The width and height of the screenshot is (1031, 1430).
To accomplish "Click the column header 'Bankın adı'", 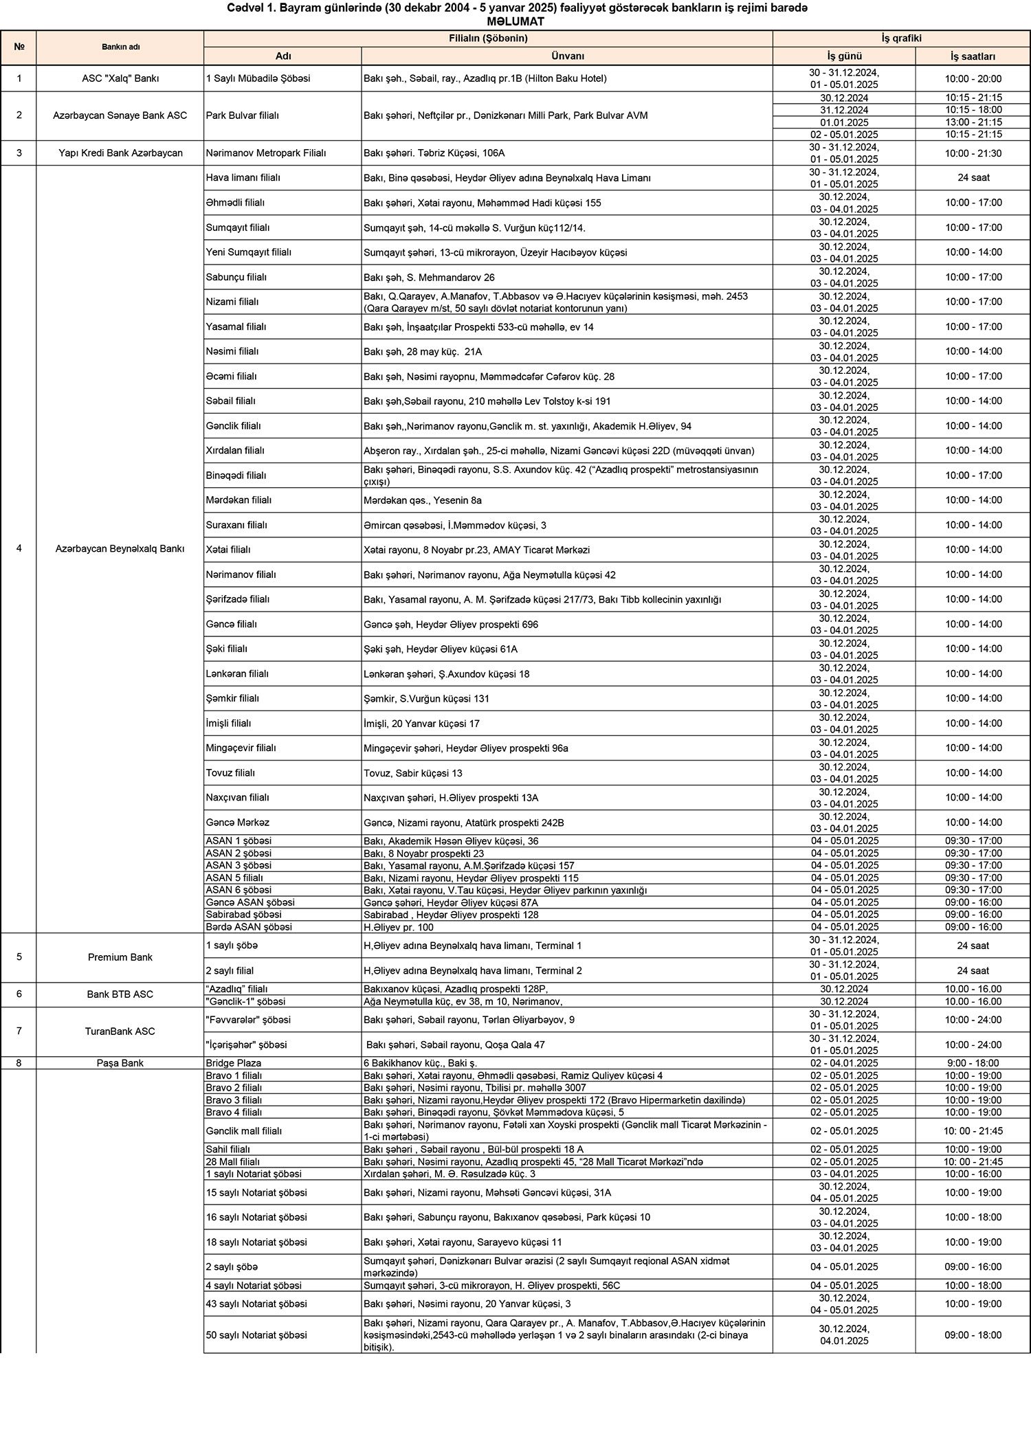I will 120,47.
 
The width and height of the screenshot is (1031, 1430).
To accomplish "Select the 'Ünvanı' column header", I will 567,56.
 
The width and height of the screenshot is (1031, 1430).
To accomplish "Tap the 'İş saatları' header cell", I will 973,56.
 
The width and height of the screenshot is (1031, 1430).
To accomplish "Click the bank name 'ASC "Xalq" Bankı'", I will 120,78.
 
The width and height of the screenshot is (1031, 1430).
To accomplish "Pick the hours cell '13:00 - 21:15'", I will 973,122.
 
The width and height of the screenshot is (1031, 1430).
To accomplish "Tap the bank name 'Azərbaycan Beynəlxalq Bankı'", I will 120,549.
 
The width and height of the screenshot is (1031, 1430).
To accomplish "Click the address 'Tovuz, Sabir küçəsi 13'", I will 413,773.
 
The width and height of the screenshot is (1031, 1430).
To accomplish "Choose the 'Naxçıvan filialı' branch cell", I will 238,798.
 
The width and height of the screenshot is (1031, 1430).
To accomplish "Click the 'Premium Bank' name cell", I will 120,957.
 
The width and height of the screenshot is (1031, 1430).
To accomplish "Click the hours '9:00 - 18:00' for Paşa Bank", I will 973,1063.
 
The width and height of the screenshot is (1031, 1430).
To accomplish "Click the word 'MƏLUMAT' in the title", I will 515,21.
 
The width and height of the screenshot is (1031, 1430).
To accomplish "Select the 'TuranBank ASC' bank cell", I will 120,1031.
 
